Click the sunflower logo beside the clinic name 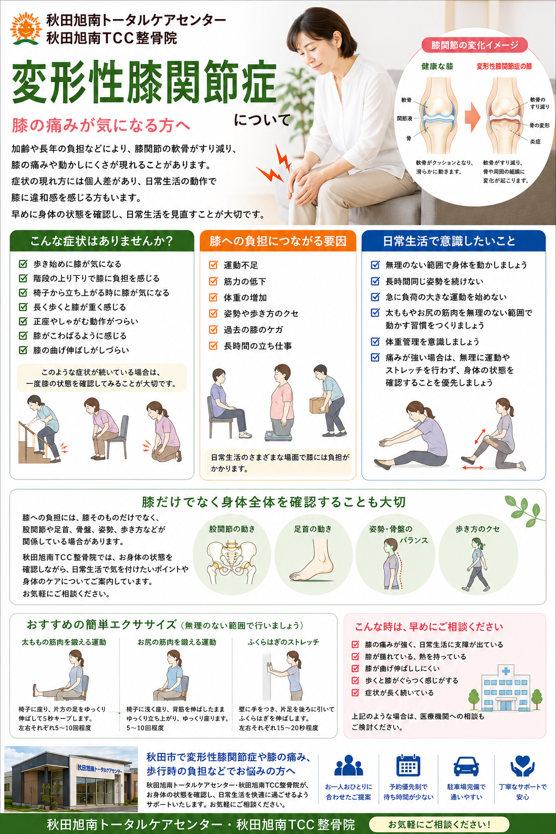click(26, 29)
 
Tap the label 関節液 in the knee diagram click(405, 119)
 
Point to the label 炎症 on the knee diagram click(535, 142)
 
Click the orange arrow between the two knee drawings click(472, 117)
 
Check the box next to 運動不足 click(213, 265)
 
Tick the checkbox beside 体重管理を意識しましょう click(375, 342)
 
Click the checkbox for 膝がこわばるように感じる click(23, 336)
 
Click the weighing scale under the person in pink click(278, 435)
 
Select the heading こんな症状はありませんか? click(102, 241)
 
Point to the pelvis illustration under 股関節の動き click(232, 562)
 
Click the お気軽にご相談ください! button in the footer click(439, 824)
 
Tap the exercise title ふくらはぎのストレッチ click(284, 642)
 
